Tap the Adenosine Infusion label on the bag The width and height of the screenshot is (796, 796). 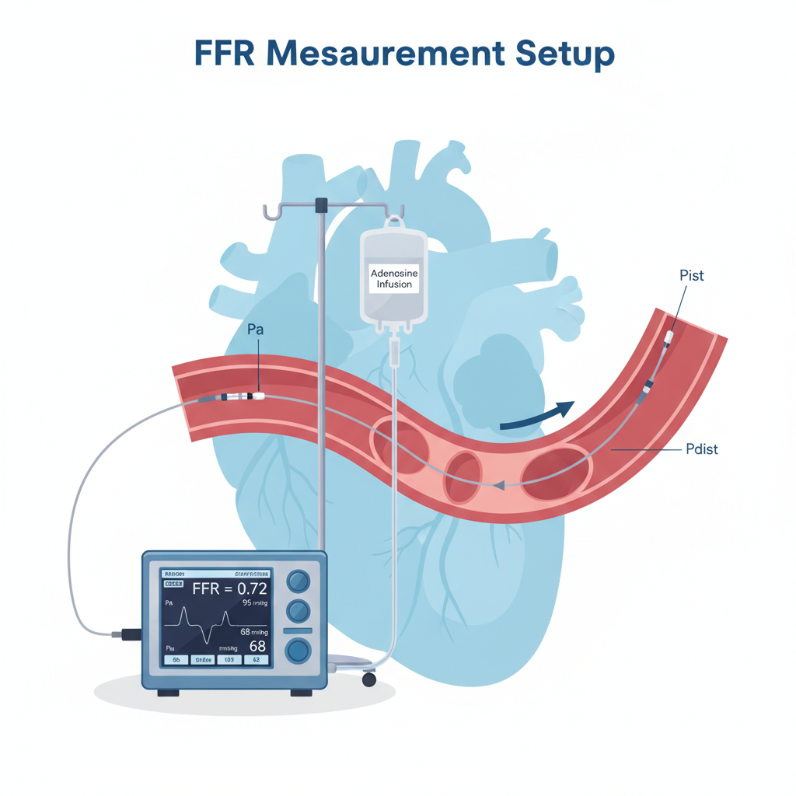coord(394,279)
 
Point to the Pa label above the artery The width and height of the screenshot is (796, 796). coord(255,330)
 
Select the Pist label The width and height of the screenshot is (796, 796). coord(691,276)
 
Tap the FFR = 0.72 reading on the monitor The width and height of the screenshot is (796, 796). coord(229,588)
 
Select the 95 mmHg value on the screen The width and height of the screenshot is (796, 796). coord(254,602)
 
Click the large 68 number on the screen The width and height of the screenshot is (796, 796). coord(257,646)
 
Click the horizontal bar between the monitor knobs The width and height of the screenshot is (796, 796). coord(298,630)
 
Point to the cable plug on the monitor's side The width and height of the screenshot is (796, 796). coord(124,634)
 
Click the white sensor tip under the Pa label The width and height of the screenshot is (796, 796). coord(258,396)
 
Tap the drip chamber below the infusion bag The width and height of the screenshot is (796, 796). coord(394,353)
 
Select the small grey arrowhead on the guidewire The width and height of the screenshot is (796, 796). coord(498,484)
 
